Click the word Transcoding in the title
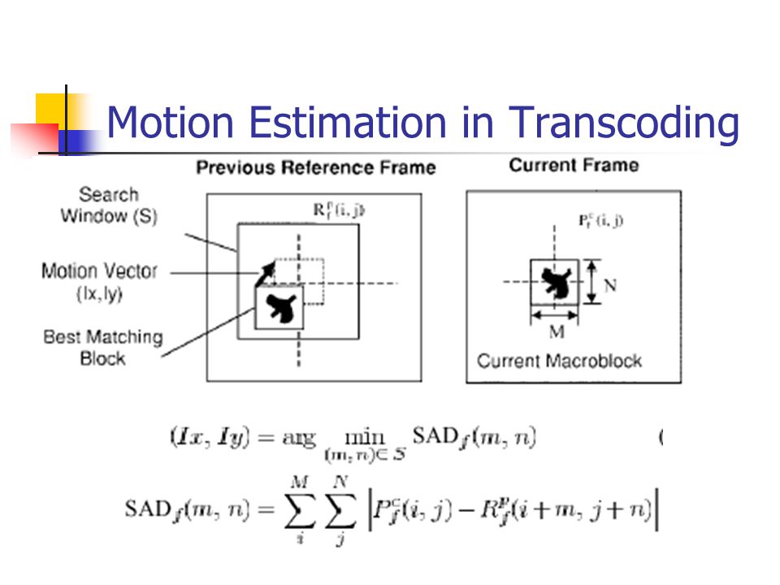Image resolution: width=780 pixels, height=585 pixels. [624, 123]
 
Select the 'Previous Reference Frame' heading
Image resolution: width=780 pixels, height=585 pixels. [316, 168]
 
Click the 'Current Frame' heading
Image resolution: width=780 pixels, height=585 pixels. [574, 166]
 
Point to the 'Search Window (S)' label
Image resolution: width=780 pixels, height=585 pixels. [109, 206]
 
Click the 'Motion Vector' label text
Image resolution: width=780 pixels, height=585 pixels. [99, 271]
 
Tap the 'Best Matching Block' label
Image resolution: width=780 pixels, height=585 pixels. [103, 347]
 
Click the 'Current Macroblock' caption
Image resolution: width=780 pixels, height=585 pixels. [559, 361]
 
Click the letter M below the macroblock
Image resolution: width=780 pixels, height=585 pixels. [557, 332]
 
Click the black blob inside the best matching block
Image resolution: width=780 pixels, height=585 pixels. [280, 308]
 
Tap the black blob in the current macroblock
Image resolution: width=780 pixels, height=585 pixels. [556, 282]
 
